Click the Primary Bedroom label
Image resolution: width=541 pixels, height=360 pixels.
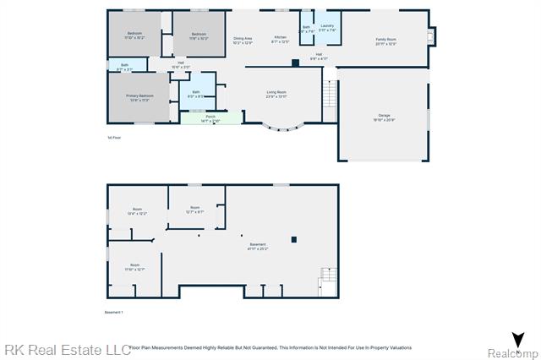pyautogui.click(x=139, y=98)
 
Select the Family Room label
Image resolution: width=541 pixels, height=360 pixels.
pyautogui.click(x=385, y=41)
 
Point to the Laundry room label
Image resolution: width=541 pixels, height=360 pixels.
pyautogui.click(x=328, y=29)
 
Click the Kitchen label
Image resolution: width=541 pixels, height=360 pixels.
pyautogui.click(x=280, y=40)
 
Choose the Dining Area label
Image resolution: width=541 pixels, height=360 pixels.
pyautogui.click(x=243, y=40)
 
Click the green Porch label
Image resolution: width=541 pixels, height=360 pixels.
pyautogui.click(x=210, y=119)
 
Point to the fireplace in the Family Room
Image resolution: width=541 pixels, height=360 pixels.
pyautogui.click(x=432, y=36)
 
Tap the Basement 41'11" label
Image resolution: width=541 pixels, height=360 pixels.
pyautogui.click(x=257, y=247)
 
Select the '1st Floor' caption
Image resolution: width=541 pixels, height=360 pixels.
pyautogui.click(x=114, y=137)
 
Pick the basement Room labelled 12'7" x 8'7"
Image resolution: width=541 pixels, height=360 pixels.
pyautogui.click(x=194, y=210)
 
